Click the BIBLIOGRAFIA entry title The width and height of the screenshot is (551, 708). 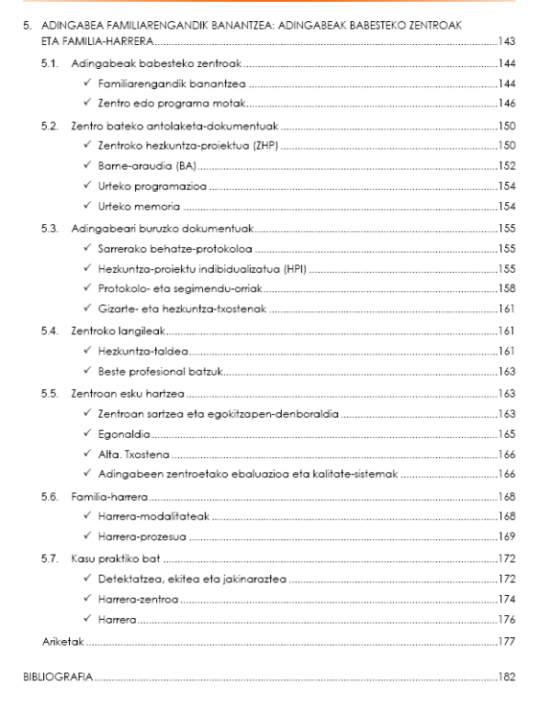(x=58, y=676)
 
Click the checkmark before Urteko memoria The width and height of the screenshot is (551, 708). (x=86, y=207)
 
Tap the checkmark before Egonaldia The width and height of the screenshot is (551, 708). (x=86, y=433)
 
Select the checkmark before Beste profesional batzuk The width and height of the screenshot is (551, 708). (x=86, y=371)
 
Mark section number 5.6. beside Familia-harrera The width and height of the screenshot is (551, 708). (x=51, y=496)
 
